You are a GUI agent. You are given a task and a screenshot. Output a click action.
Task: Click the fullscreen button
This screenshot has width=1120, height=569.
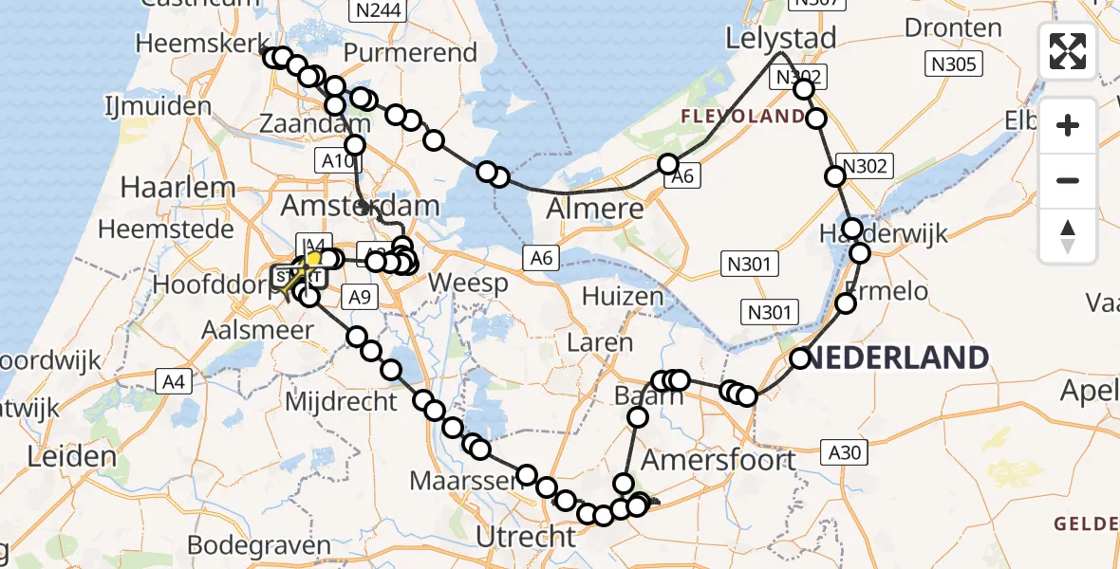(x=1068, y=51)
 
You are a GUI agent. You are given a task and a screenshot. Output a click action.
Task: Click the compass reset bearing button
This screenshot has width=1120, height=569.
(x=1068, y=236)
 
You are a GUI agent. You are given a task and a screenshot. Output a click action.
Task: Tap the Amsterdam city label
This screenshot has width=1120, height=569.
(x=360, y=206)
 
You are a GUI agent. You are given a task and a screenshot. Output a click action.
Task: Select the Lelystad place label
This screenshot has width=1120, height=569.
(x=781, y=39)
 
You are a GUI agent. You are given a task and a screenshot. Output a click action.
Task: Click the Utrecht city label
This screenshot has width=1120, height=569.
(x=525, y=537)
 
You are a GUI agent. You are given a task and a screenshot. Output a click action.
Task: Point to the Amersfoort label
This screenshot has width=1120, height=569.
(x=719, y=460)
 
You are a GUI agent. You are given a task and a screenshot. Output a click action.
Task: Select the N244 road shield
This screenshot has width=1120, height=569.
(x=378, y=12)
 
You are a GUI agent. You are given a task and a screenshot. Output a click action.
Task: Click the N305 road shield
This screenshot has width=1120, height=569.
(x=954, y=64)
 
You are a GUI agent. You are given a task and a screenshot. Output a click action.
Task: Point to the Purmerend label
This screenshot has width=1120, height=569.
(x=410, y=52)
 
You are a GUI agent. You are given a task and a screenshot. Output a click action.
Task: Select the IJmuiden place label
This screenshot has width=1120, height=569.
(x=159, y=105)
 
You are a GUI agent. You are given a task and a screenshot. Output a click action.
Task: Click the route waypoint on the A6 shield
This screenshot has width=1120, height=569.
(x=669, y=164)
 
